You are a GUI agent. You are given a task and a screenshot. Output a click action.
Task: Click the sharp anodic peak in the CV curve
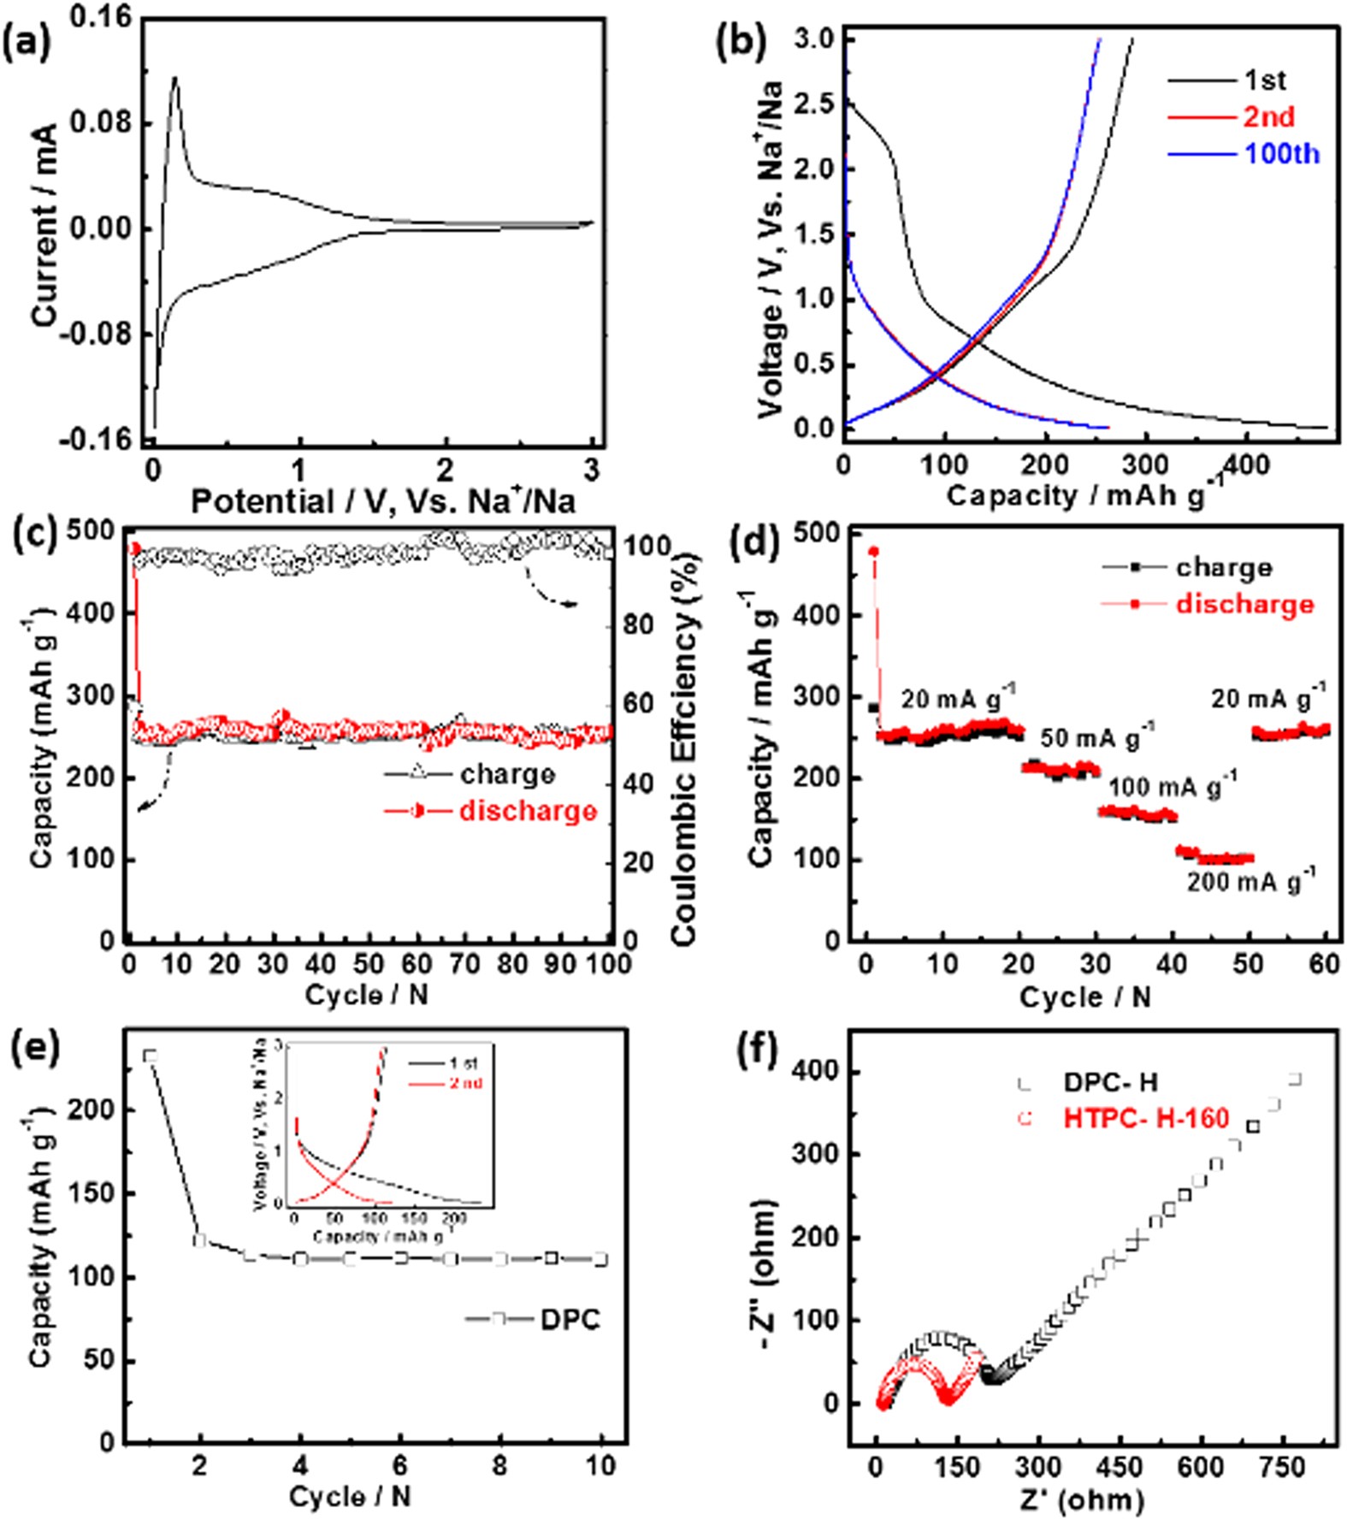[x=174, y=79]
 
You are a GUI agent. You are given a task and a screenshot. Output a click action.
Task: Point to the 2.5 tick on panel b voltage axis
[x=815, y=104]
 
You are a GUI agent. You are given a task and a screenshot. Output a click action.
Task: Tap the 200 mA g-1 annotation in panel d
[x=1250, y=882]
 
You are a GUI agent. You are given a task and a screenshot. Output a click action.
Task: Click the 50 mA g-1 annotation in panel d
[x=1097, y=737]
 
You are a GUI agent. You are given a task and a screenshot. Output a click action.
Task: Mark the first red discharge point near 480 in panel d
[x=873, y=552]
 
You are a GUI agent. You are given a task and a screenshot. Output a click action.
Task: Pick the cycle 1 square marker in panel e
[x=151, y=1056]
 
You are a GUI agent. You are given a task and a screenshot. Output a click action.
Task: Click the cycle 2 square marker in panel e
[x=200, y=1240]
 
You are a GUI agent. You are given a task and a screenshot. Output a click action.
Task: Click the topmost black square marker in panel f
[x=1295, y=1079]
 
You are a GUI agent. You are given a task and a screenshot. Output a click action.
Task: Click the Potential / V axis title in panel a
[x=382, y=501]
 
